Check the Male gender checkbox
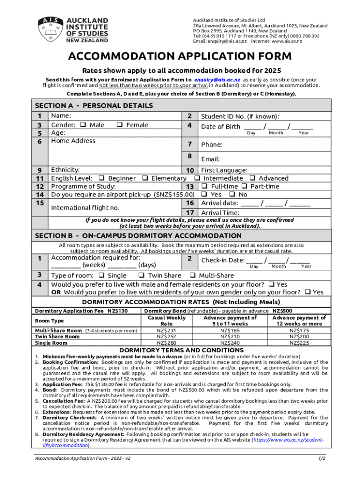point(83,125)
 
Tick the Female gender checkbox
point(120,125)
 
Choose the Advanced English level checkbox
point(252,178)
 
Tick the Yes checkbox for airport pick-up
point(204,194)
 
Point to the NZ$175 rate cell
point(299,330)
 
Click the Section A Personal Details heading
point(94,106)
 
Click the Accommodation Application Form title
point(180,57)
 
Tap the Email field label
point(210,159)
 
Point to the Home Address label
point(73,141)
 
